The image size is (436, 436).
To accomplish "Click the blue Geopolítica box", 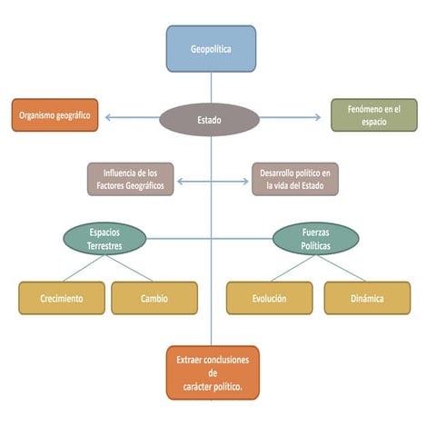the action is (x=211, y=49).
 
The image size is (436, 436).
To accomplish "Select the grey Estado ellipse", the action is (x=210, y=120).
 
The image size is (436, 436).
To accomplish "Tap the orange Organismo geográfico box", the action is (x=54, y=115).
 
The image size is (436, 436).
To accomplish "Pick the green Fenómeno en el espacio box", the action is (x=374, y=115).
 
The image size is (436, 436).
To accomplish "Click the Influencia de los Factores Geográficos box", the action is (x=131, y=179).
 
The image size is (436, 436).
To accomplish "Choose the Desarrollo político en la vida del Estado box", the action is (x=295, y=179).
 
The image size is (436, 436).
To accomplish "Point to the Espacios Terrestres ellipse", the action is (x=104, y=239).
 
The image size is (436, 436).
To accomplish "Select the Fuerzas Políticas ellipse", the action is (x=316, y=239).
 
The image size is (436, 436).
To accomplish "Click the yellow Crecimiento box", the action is (x=62, y=298).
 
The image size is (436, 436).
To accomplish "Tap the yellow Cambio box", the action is (x=154, y=298).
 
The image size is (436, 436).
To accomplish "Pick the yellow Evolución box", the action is (x=270, y=298).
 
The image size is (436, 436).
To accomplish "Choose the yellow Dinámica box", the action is (x=367, y=298).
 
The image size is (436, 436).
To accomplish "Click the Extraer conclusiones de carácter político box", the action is (x=213, y=372).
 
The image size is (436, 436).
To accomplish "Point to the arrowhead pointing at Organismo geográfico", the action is (x=107, y=117).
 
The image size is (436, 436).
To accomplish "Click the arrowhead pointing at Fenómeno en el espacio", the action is (x=318, y=117).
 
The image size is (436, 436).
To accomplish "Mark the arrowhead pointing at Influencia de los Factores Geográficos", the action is (x=180, y=182).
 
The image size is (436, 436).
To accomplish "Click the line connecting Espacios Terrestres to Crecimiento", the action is (x=84, y=269).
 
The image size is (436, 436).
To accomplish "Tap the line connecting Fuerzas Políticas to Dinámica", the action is (x=341, y=269).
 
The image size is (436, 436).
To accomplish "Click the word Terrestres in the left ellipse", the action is (x=104, y=245).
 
